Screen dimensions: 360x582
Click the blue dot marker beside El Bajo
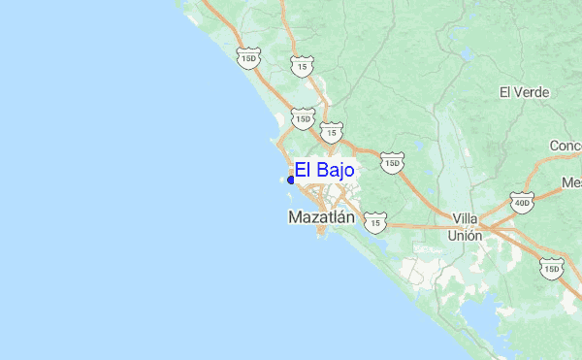[x=291, y=180]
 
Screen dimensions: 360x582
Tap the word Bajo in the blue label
[x=336, y=171]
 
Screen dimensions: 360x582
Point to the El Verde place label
[x=525, y=92]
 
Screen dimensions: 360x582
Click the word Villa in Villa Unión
[x=466, y=219]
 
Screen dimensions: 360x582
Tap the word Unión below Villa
[x=465, y=235]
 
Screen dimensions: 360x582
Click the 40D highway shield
[x=522, y=204]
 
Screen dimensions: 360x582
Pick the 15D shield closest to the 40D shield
[x=551, y=268]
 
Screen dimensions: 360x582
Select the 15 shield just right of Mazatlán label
[x=374, y=223]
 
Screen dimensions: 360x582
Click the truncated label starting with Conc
[x=565, y=146]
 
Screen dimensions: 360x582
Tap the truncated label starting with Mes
[x=570, y=182]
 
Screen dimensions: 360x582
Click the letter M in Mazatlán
[x=295, y=218]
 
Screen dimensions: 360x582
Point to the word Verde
[x=533, y=92]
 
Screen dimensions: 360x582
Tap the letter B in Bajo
[x=321, y=171]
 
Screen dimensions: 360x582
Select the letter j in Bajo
[x=340, y=172]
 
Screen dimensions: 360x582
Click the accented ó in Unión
[x=471, y=235]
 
